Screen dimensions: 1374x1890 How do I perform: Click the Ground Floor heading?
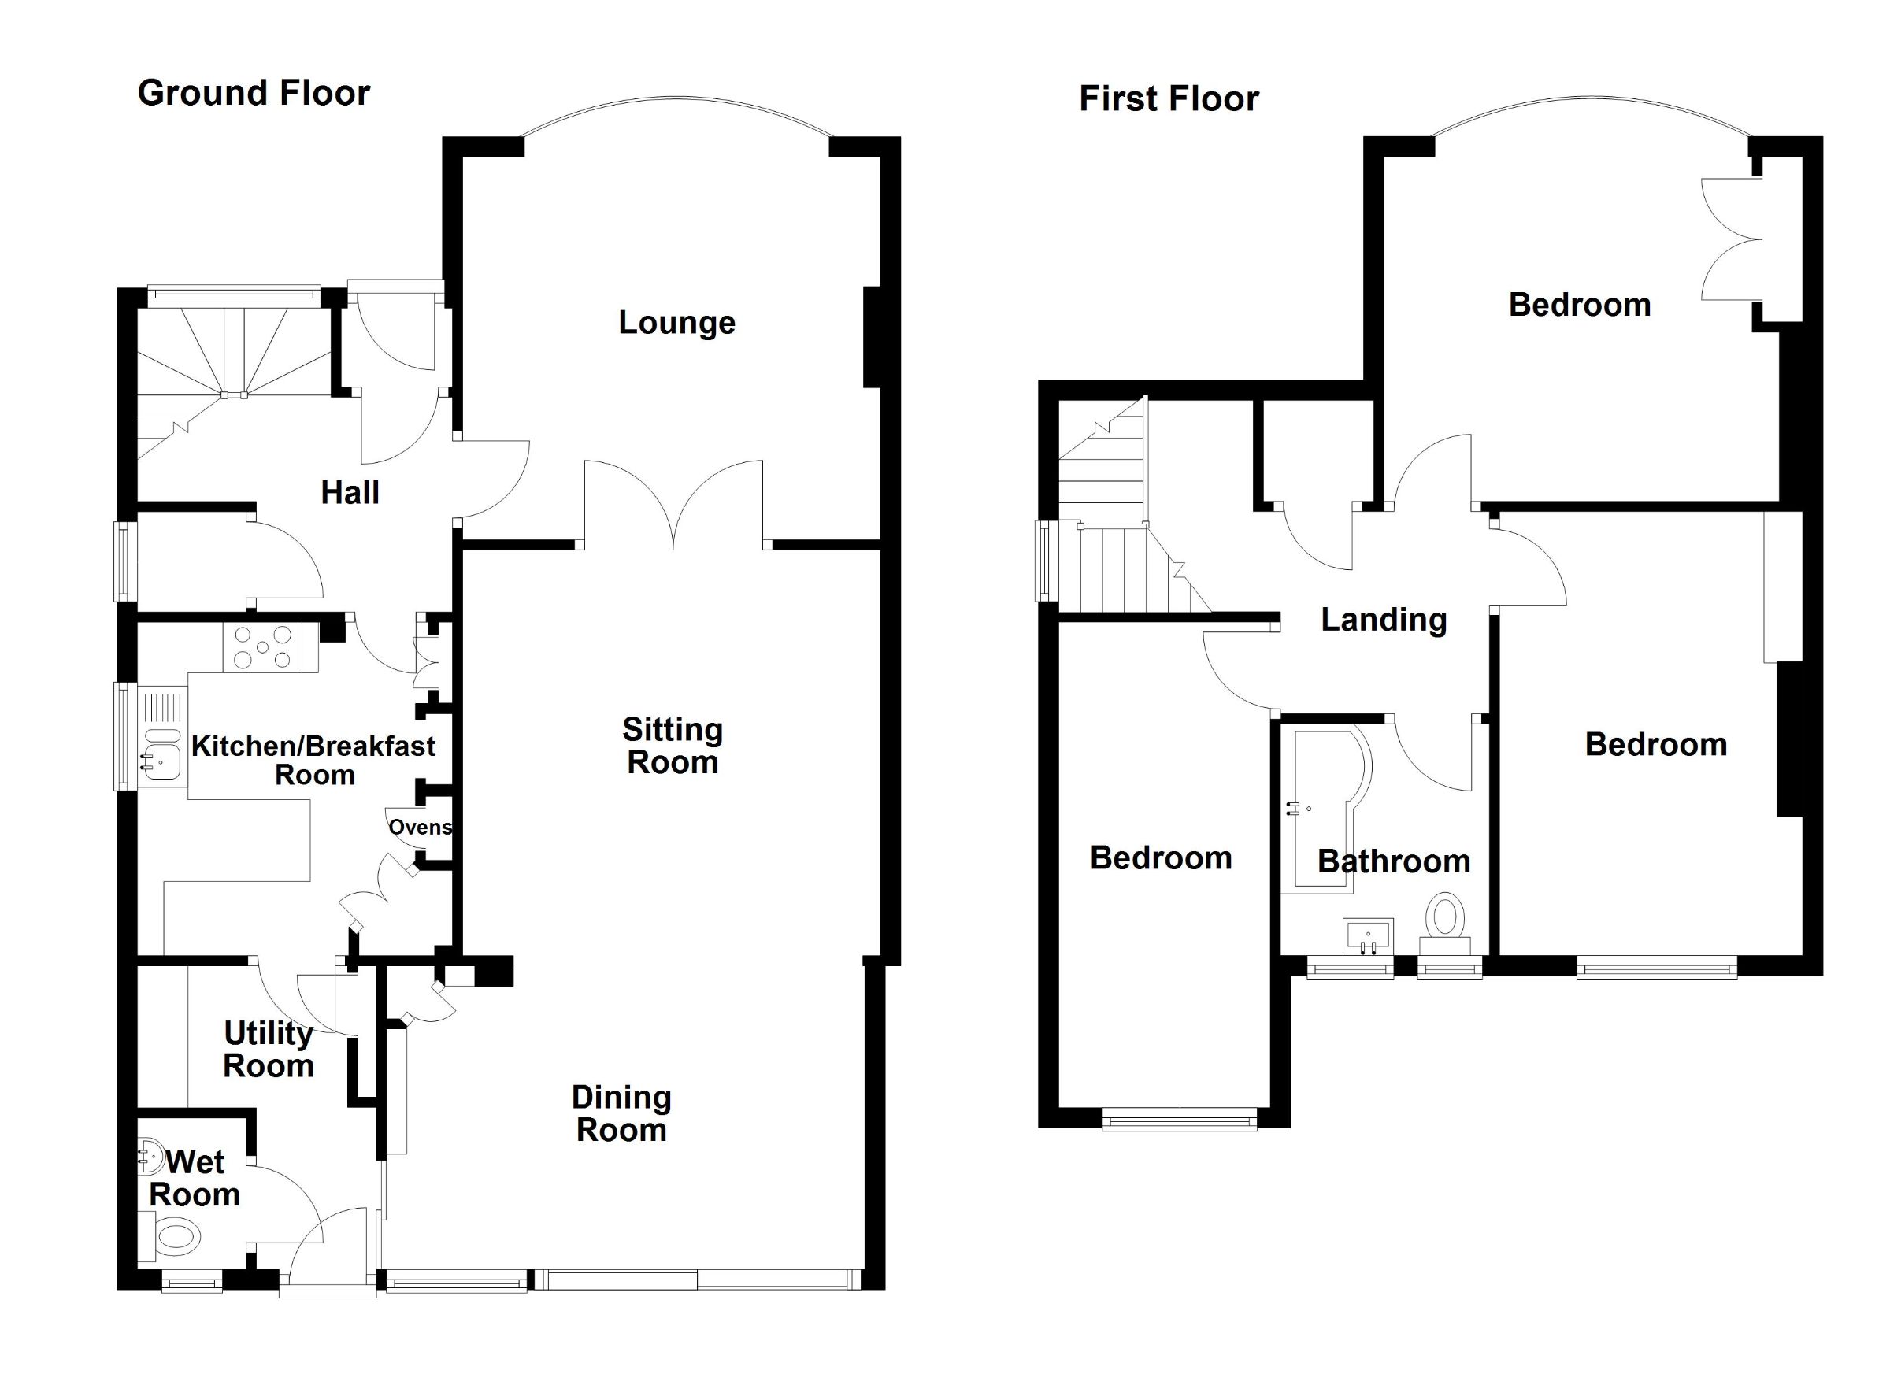point(254,94)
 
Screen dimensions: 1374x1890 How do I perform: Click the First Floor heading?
point(1169,99)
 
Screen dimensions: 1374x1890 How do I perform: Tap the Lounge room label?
point(676,323)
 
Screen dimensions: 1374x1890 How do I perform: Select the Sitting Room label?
point(672,746)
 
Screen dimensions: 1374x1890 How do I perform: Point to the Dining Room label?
point(621,1114)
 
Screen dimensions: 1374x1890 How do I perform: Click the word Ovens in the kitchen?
point(420,828)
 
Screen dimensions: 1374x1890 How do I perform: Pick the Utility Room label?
point(269,1050)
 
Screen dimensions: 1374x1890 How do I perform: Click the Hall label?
point(350,493)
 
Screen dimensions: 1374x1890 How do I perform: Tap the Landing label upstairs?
point(1384,620)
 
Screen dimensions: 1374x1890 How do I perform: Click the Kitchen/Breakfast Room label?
point(313,760)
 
